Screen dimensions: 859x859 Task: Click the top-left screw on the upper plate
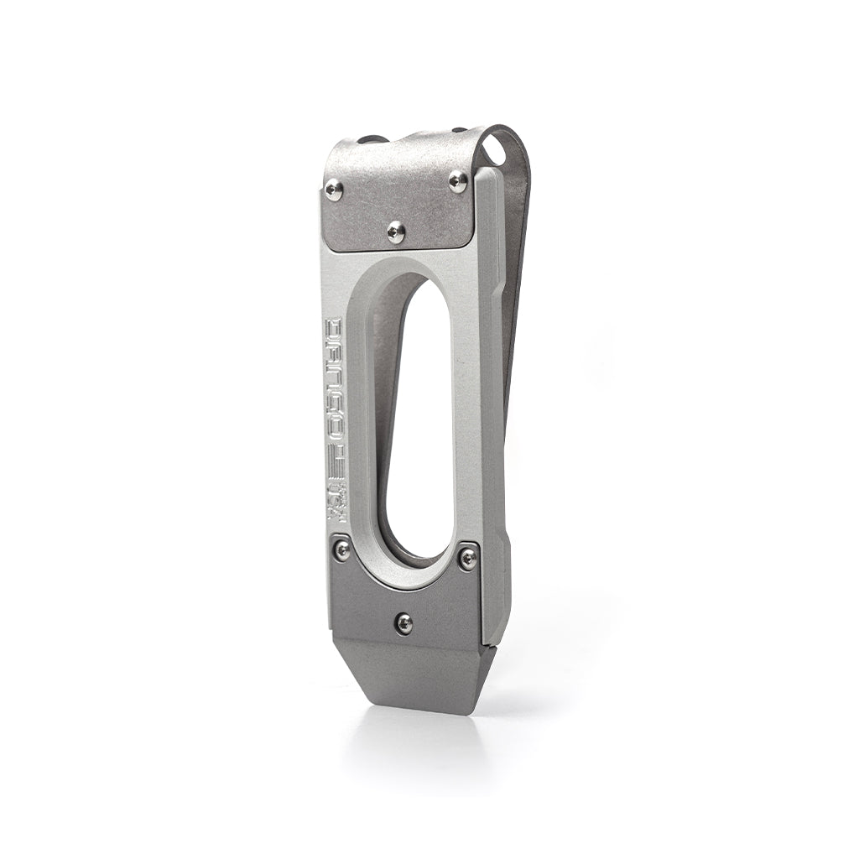pyautogui.click(x=333, y=190)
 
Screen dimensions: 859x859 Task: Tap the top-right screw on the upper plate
pyautogui.click(x=458, y=181)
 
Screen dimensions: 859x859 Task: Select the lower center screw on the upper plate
pyautogui.click(x=396, y=231)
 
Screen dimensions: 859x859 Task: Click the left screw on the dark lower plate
pyautogui.click(x=341, y=549)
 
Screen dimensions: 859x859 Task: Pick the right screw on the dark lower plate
pyautogui.click(x=468, y=558)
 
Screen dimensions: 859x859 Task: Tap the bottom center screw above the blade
pyautogui.click(x=404, y=622)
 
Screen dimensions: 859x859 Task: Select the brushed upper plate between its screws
pyautogui.click(x=394, y=197)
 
